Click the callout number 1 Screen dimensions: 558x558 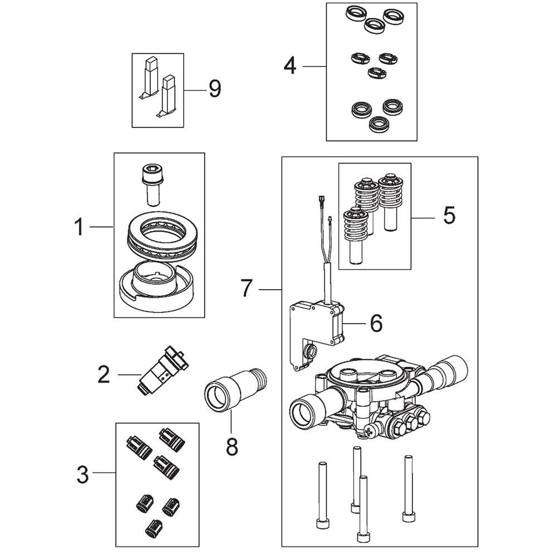[80, 227]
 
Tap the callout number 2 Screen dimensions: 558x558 [104, 375]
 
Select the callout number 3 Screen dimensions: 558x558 [83, 475]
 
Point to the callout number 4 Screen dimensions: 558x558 [290, 66]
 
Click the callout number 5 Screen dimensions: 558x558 [449, 215]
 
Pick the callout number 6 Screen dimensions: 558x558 [377, 323]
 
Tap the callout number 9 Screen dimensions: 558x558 [215, 89]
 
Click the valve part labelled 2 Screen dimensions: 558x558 [162, 371]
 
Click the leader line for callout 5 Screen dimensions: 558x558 [423, 218]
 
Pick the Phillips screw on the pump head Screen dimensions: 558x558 [369, 432]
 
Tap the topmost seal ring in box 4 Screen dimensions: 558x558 [355, 15]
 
